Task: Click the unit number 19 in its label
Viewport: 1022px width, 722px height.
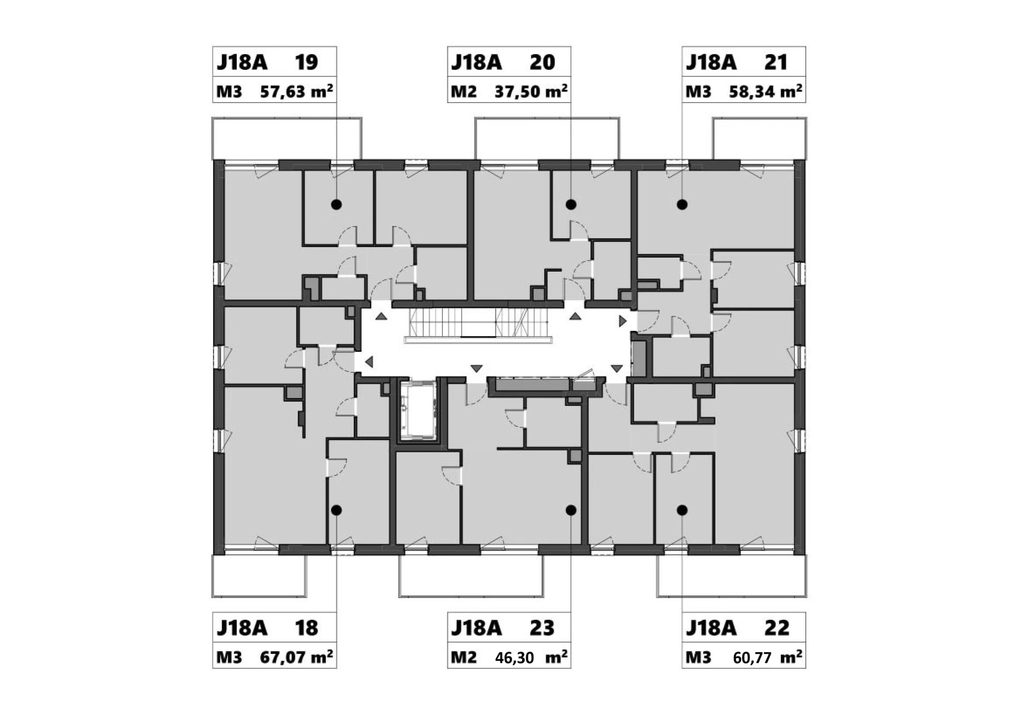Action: point(306,62)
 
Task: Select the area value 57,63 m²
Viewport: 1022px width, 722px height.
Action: point(296,91)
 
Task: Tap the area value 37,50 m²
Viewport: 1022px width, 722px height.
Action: point(531,91)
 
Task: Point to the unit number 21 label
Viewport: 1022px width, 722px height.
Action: point(775,62)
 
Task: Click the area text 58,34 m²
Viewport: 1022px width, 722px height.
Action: point(765,91)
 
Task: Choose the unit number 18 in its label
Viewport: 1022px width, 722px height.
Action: point(306,628)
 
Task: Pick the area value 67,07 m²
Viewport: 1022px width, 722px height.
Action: point(296,657)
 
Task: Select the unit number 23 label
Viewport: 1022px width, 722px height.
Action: point(542,628)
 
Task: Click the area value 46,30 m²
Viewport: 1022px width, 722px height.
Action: point(531,657)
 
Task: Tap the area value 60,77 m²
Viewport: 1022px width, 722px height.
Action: point(767,657)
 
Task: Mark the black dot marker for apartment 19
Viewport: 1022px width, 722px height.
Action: point(336,205)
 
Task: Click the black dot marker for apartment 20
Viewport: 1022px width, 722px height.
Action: point(571,205)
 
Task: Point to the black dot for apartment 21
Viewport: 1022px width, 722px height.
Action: point(682,205)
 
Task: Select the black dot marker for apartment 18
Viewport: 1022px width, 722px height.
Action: point(336,510)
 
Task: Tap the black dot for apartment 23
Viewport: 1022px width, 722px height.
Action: point(571,510)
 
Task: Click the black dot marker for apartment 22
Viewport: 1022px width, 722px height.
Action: point(682,510)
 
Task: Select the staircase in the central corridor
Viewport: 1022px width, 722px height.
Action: point(478,324)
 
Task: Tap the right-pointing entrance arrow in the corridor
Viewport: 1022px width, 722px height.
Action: point(623,321)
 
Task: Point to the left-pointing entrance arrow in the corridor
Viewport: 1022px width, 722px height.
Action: point(369,362)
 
